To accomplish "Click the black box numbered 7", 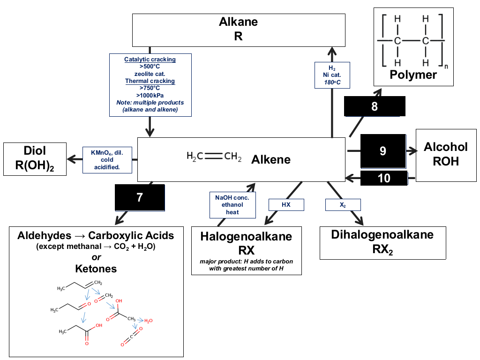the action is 140,197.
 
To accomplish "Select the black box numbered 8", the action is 375,106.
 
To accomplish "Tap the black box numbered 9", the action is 383,151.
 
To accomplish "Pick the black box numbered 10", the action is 384,178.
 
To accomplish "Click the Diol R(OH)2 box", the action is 35,159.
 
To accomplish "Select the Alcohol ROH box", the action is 446,155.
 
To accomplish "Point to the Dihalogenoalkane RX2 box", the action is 382,243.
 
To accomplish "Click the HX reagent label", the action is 286,204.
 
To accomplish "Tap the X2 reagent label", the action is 343,204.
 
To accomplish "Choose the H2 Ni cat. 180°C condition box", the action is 332,75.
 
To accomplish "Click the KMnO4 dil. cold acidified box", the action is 107,160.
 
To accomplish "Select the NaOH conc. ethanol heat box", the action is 232,205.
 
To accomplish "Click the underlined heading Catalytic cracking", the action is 150,60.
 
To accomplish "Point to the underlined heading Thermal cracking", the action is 150,81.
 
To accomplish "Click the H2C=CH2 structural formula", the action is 214,157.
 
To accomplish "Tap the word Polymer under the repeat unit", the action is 413,75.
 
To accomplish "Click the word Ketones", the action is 96,269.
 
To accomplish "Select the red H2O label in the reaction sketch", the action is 149,321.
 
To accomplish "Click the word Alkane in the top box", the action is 238,22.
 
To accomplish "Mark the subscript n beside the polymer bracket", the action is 446,67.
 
